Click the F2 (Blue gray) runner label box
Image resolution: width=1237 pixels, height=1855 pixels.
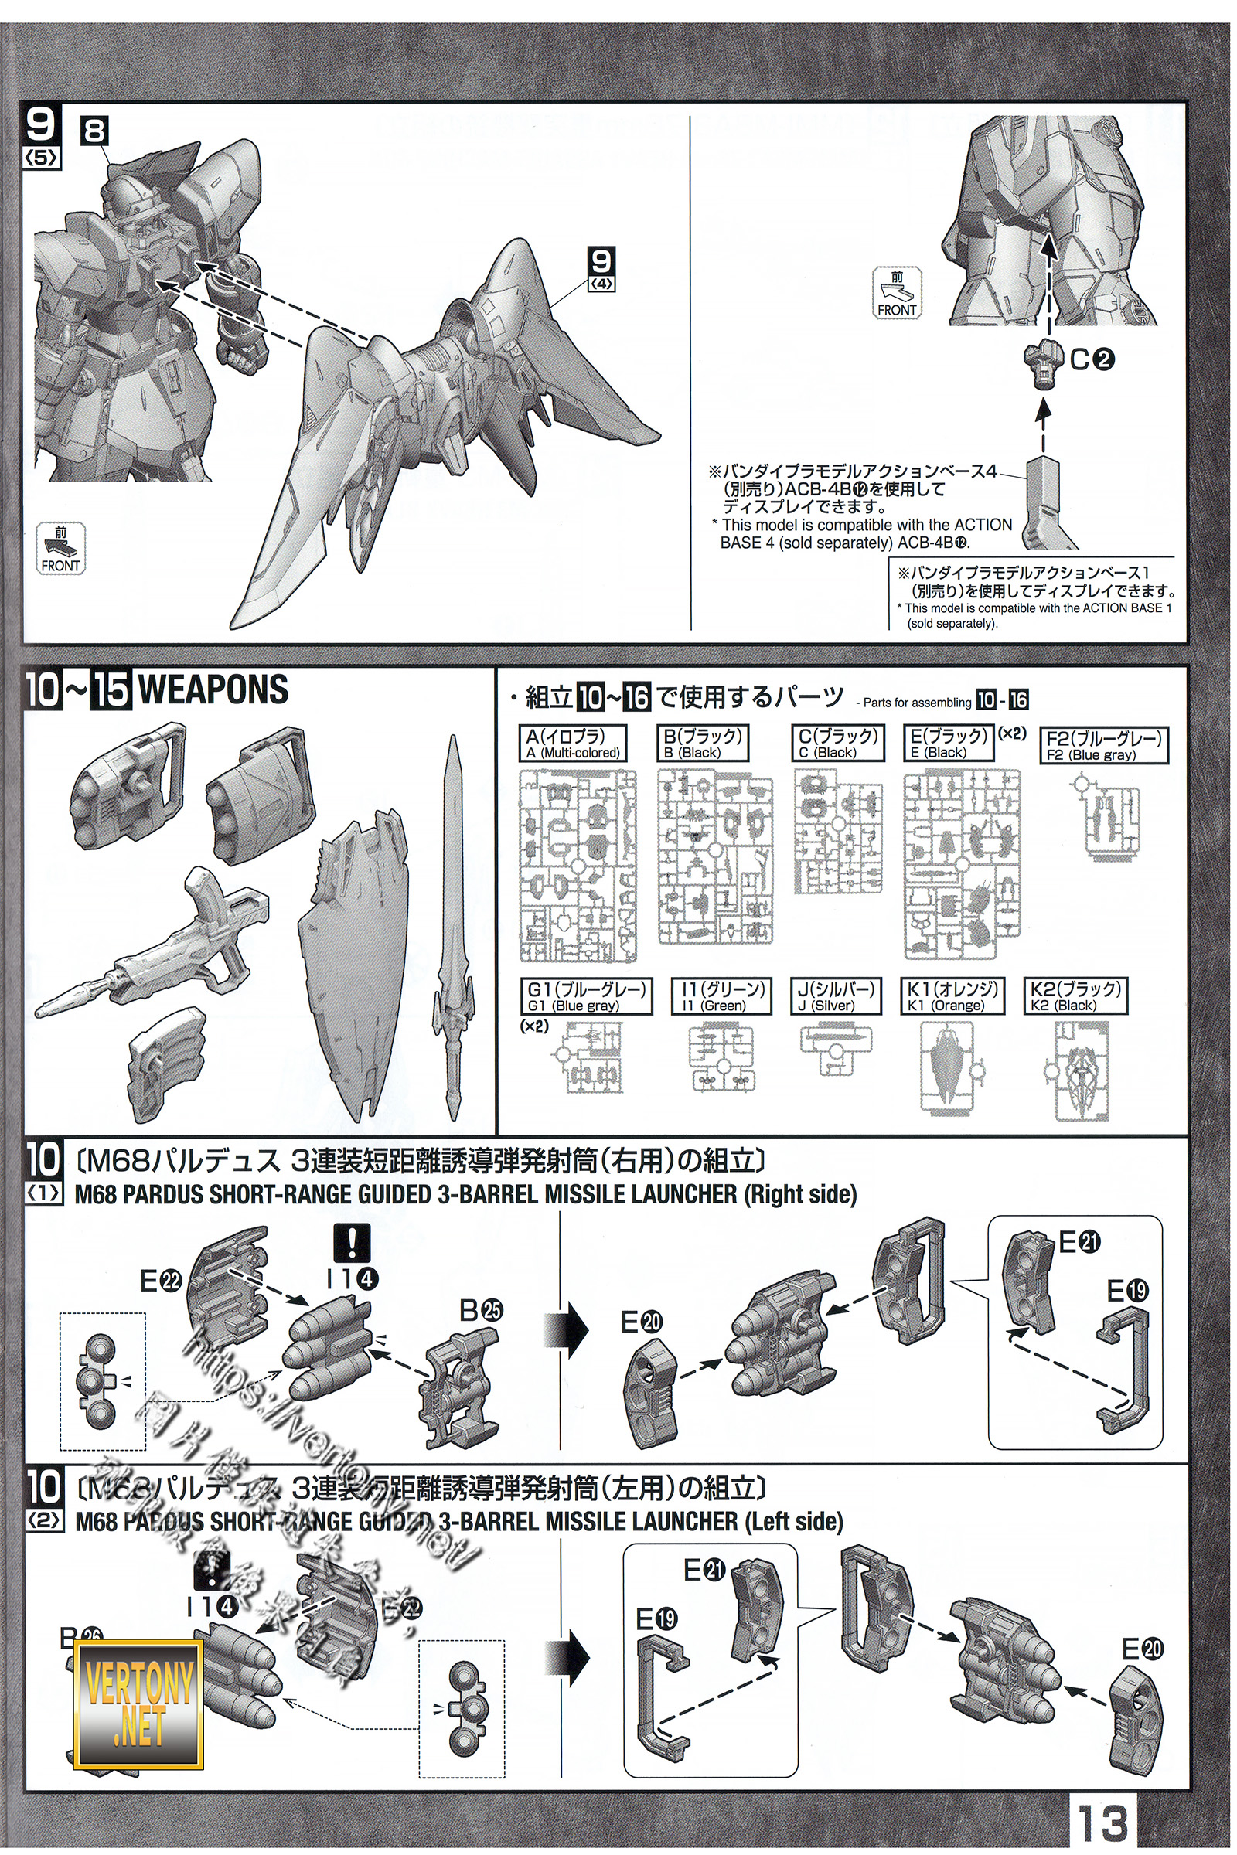pyautogui.click(x=1104, y=745)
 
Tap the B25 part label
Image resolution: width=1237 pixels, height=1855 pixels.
pyautogui.click(x=481, y=1311)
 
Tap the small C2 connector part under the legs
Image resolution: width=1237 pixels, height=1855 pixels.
pyautogui.click(x=1044, y=363)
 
